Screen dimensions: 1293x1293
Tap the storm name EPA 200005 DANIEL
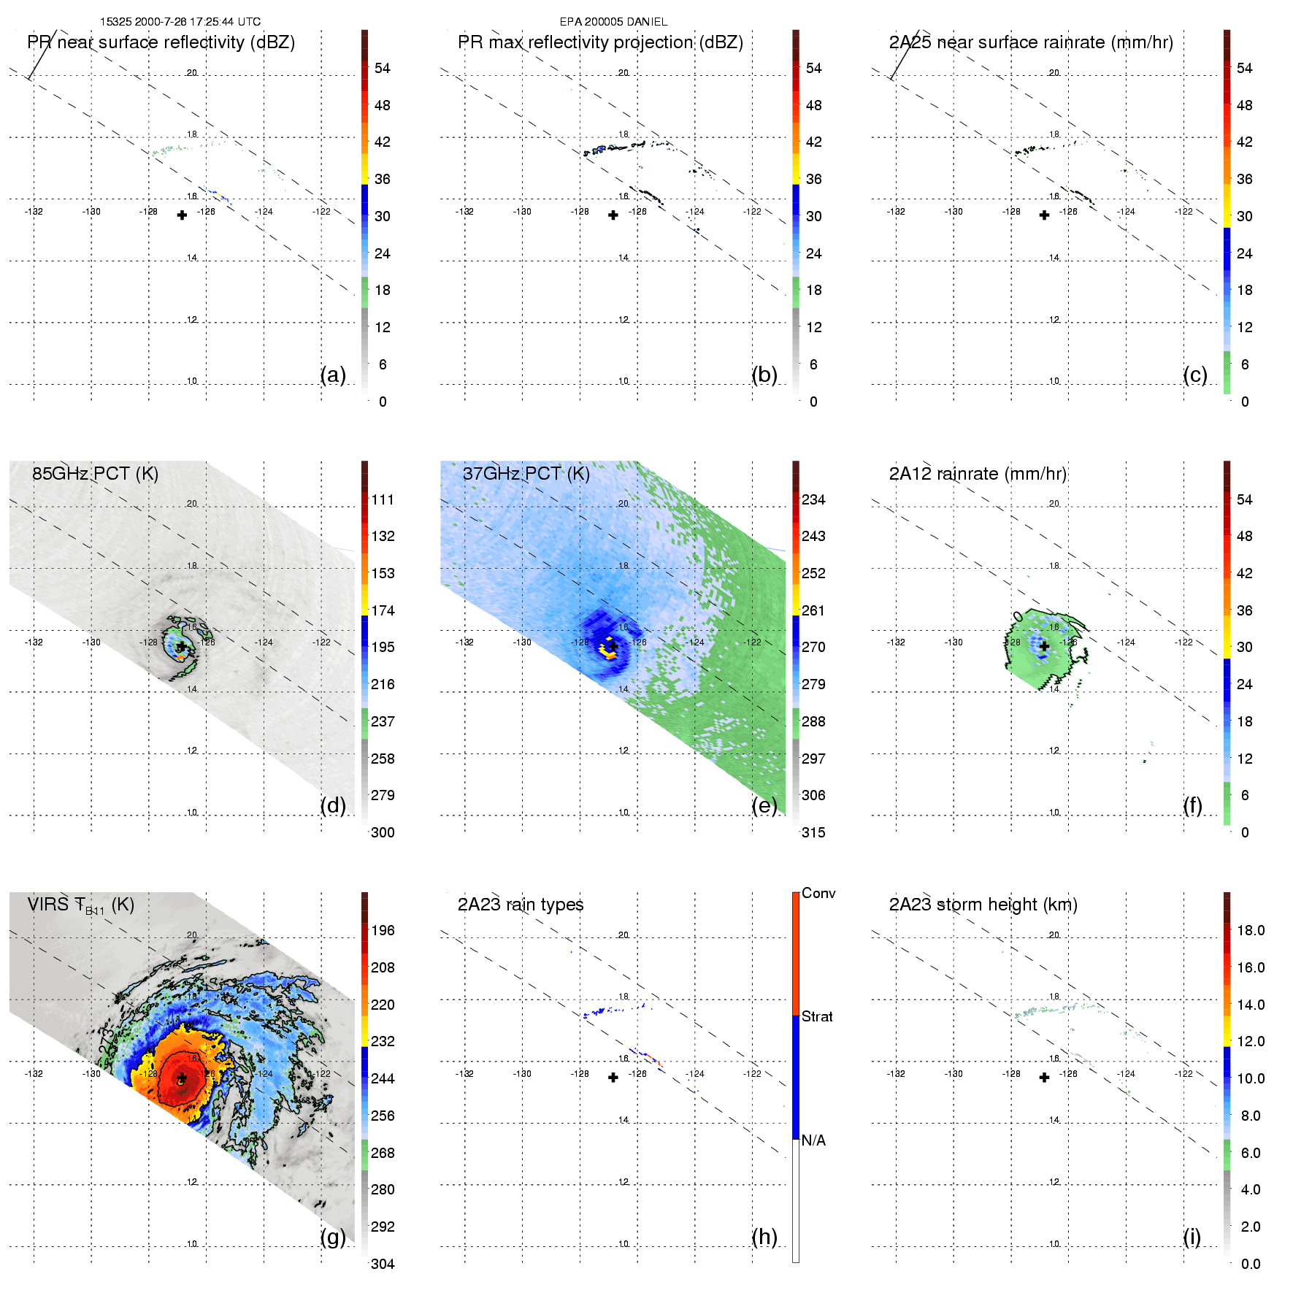click(x=613, y=22)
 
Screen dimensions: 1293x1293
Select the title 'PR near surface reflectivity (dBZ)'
click(x=161, y=42)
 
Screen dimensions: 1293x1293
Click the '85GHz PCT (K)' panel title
click(x=95, y=473)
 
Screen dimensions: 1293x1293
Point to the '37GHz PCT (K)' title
click(x=526, y=473)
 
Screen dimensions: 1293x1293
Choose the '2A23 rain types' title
click(x=521, y=905)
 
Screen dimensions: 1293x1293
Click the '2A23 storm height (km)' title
click(x=983, y=905)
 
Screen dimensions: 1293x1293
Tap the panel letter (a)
click(x=333, y=375)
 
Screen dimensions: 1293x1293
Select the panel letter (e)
click(x=764, y=805)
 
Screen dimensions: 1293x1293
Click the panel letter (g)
click(x=333, y=1237)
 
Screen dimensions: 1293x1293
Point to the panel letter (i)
click(x=1192, y=1237)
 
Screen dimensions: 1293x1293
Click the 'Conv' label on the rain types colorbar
click(x=818, y=893)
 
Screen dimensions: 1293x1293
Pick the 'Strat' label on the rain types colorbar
click(x=817, y=1016)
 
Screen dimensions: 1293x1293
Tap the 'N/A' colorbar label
click(x=813, y=1140)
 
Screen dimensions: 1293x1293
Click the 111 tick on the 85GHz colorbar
click(x=383, y=499)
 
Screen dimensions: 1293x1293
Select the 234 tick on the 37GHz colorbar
click(x=813, y=499)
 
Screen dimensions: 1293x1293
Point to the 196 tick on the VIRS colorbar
click(x=383, y=930)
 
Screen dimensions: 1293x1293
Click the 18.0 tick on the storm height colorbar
click(x=1250, y=930)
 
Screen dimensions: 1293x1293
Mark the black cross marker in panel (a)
click(x=182, y=215)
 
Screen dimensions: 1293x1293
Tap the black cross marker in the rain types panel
click(x=613, y=1078)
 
